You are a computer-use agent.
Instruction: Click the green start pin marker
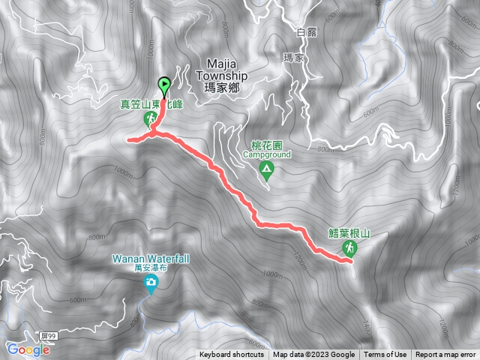point(164,85)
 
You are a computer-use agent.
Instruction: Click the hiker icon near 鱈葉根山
point(349,247)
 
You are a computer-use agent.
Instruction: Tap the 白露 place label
point(307,32)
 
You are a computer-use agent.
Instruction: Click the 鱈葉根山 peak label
point(349,232)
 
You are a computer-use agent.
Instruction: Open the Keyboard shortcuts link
point(232,355)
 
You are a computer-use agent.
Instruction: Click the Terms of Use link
point(385,355)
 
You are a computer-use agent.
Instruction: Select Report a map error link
point(445,355)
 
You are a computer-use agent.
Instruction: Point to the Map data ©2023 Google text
point(313,355)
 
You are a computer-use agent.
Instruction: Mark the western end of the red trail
point(129,139)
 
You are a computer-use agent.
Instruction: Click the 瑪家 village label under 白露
point(295,57)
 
